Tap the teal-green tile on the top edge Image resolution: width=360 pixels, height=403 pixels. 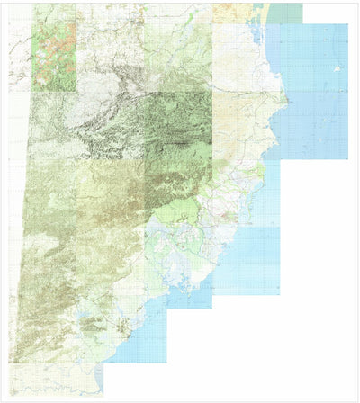pyautogui.click(x=286, y=11)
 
